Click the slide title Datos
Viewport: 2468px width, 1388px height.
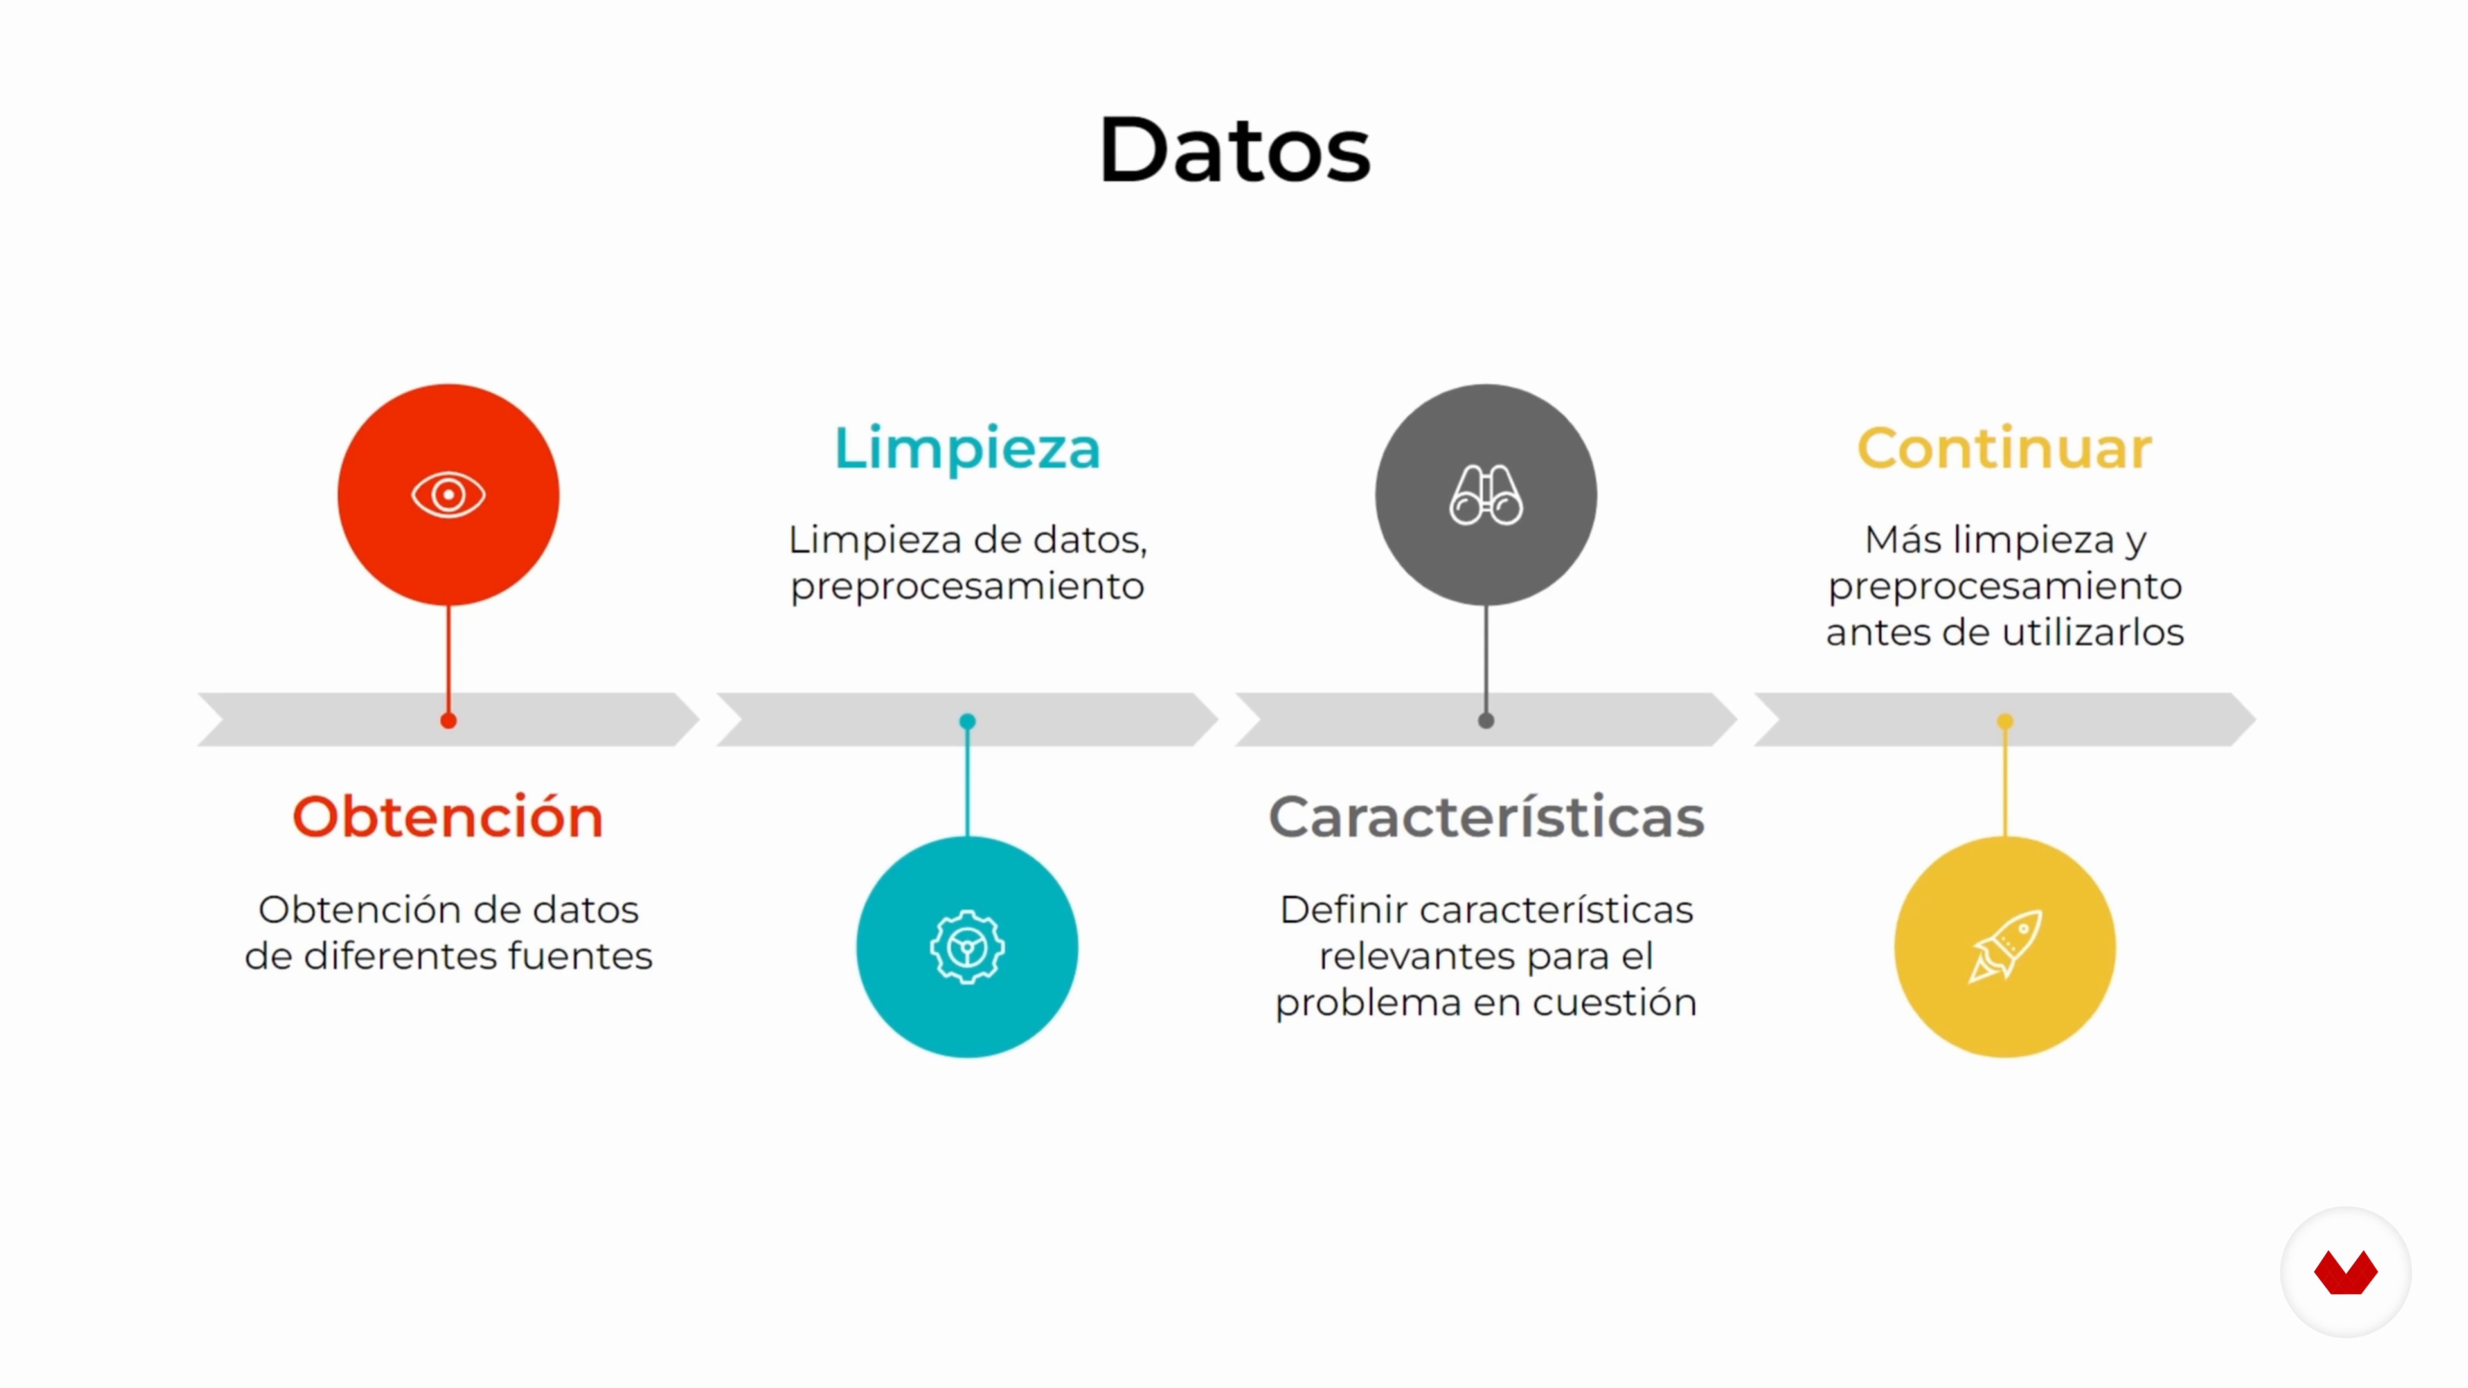[1234, 150]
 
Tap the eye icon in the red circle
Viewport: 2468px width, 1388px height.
[449, 495]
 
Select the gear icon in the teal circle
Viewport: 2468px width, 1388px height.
[968, 947]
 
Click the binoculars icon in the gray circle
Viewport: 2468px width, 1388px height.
[1486, 495]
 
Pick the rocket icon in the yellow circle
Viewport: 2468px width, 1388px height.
[2005, 947]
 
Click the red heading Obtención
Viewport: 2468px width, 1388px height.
[449, 817]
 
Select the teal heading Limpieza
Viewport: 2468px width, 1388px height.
[968, 449]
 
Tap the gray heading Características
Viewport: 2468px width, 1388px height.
[1486, 817]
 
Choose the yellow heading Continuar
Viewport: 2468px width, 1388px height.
[2005, 449]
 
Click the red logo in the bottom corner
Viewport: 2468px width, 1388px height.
[2345, 1273]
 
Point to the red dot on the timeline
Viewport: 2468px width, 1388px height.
[449, 720]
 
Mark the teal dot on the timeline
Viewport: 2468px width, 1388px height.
[968, 721]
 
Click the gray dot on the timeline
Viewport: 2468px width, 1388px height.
[1486, 720]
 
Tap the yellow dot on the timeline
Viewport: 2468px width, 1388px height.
[2005, 721]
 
